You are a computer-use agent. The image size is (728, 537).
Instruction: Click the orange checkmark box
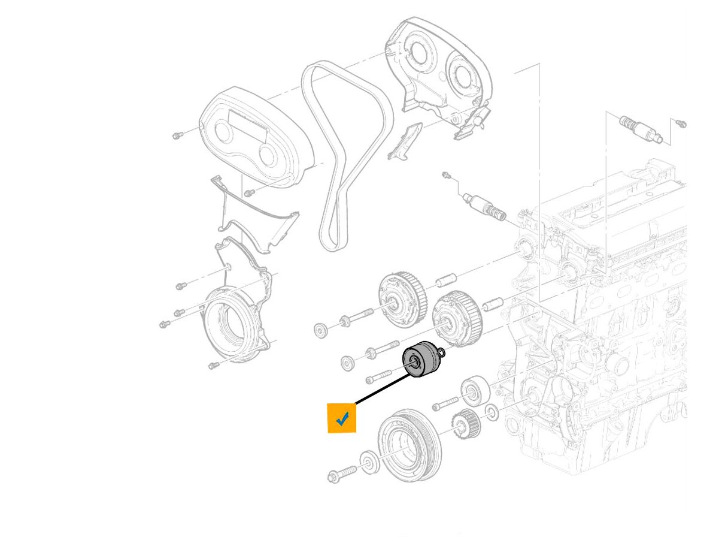point(342,418)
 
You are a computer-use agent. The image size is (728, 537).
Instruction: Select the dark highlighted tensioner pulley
point(423,360)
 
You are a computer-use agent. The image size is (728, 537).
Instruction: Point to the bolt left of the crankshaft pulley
point(342,474)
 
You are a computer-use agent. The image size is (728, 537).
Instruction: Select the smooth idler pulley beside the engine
point(475,391)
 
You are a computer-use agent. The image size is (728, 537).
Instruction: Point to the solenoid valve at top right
point(641,128)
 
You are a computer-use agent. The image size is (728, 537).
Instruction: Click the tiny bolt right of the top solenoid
point(680,124)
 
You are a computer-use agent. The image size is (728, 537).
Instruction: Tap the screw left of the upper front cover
point(177,135)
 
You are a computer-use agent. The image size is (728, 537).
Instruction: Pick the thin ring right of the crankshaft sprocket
point(490,412)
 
